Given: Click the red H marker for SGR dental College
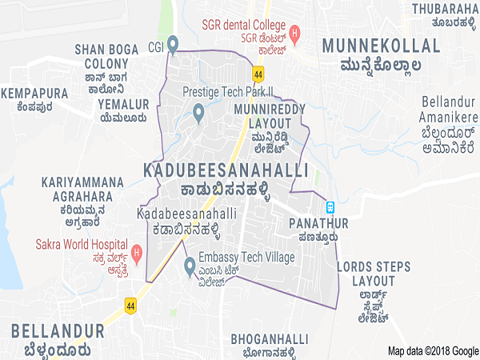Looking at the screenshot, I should click(295, 34).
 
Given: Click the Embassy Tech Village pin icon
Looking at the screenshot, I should click(190, 265).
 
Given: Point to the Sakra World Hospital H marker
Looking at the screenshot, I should click(137, 255).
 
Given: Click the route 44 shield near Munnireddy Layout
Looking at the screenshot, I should click(257, 74).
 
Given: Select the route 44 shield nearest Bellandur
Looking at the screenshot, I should click(130, 305).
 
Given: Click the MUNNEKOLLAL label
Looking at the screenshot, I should click(380, 46).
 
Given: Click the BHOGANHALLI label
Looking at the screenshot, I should click(269, 338).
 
